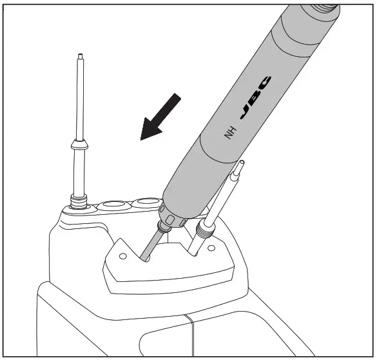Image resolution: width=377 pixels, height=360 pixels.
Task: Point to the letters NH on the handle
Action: click(230, 134)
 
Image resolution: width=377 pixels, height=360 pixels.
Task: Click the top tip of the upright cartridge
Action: click(79, 57)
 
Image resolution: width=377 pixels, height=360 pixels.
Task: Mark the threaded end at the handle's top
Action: click(322, 9)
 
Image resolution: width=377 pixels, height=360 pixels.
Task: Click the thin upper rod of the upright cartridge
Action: click(79, 97)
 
